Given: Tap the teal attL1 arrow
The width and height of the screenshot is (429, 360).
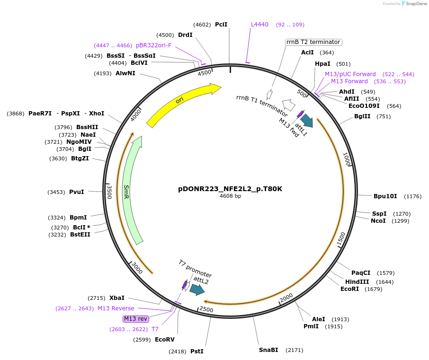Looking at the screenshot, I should click(x=306, y=121).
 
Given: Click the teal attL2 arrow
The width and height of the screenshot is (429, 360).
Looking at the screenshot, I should click(x=197, y=290).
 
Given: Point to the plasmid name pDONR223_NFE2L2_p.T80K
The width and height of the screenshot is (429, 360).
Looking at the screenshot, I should click(x=230, y=189).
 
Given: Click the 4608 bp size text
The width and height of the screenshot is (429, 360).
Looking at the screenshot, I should click(x=230, y=196).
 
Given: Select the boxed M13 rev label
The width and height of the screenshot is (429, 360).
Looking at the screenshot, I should click(x=135, y=319).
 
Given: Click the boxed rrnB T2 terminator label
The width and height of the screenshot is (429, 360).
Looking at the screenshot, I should click(x=313, y=42).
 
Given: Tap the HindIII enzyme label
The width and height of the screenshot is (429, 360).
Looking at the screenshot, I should click(x=357, y=282).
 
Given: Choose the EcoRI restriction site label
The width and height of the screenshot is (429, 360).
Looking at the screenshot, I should click(x=350, y=289).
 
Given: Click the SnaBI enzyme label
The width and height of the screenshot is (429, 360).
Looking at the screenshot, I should click(x=268, y=350).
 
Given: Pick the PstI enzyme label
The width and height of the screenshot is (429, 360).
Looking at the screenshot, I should click(x=197, y=351).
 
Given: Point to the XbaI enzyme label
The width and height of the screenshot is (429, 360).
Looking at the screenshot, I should click(x=117, y=298).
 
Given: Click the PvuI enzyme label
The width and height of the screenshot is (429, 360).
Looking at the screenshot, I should click(x=77, y=192).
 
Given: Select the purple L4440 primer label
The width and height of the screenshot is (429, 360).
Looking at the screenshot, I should click(x=259, y=25).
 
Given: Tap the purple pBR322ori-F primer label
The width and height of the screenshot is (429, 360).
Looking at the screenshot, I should click(x=153, y=45).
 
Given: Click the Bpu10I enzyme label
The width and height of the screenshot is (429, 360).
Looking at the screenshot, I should click(x=384, y=196).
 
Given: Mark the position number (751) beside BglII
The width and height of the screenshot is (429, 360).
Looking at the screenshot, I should click(x=384, y=117).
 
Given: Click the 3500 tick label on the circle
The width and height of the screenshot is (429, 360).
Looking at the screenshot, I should click(x=109, y=192).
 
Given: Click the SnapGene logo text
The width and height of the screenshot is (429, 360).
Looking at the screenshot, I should click(x=415, y=4).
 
